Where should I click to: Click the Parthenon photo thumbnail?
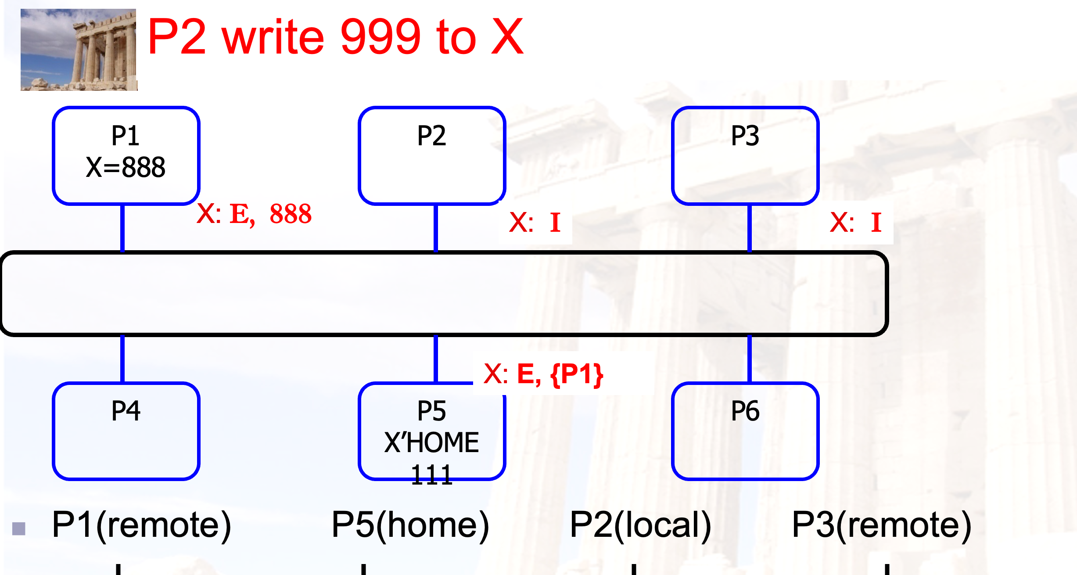coord(79,50)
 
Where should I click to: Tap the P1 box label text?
coord(126,136)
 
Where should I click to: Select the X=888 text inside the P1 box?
coord(126,167)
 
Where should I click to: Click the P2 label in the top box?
coord(431,136)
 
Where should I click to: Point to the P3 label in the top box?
coord(745,136)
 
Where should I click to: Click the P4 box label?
coord(126,411)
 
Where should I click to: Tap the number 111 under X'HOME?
coord(432,474)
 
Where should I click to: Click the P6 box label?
coord(745,411)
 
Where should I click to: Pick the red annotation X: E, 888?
coord(254,214)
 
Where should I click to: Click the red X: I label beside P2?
coord(535,222)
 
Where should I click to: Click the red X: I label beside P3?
coord(856,222)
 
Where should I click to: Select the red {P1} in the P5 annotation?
coord(577,374)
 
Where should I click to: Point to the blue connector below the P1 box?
coord(122,228)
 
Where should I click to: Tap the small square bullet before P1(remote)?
coord(19,528)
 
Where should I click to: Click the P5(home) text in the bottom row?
coord(410,525)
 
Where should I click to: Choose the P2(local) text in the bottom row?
coord(640,525)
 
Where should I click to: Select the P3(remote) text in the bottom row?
coord(882,525)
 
